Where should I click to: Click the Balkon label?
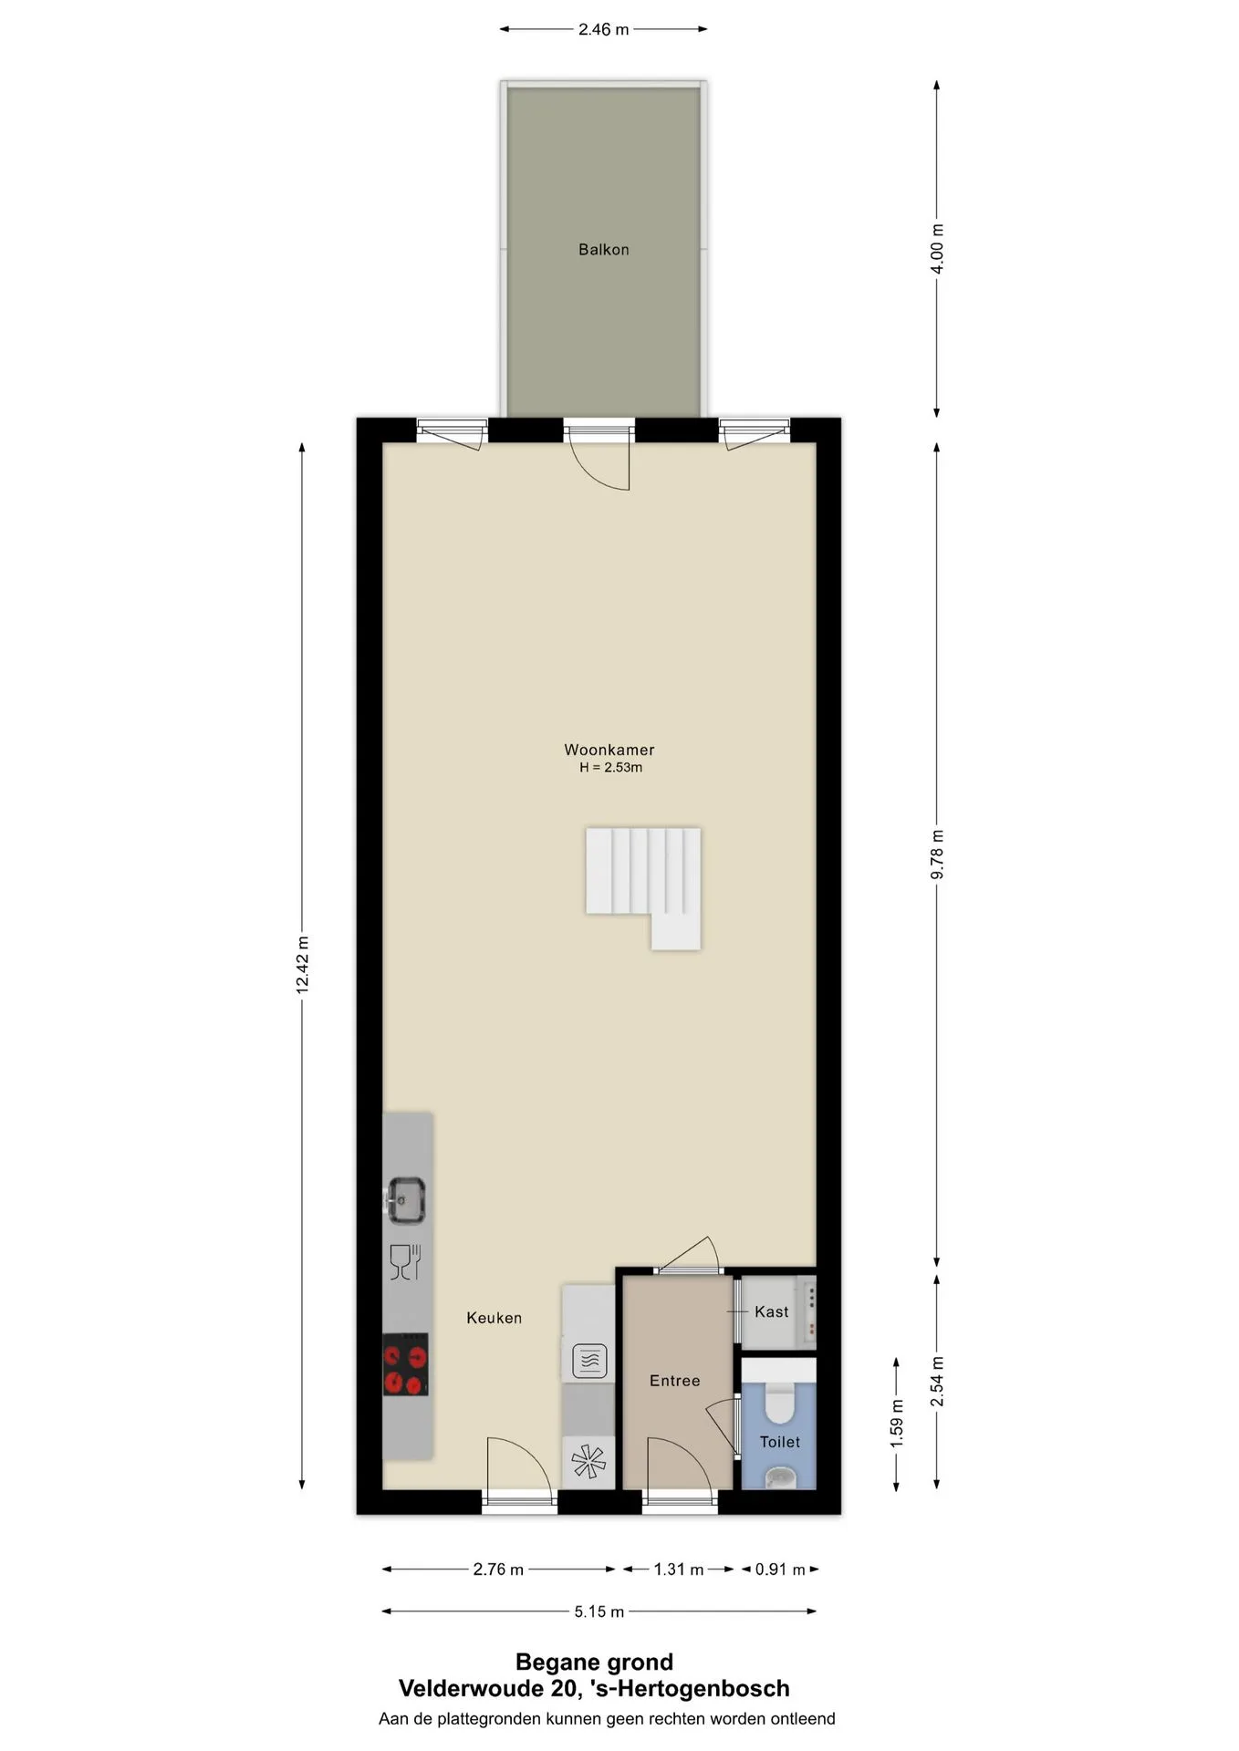(603, 249)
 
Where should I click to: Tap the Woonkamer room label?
(609, 750)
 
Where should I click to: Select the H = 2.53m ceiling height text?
(610, 768)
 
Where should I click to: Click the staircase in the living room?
(643, 887)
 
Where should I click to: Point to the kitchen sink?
(406, 1200)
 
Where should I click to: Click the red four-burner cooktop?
(405, 1364)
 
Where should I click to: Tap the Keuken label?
(494, 1318)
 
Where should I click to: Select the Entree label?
(674, 1381)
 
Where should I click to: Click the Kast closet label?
(771, 1311)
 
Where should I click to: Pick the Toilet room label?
(779, 1442)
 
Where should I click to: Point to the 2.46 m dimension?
(603, 29)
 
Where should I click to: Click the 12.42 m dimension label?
(303, 965)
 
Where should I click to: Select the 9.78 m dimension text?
(937, 855)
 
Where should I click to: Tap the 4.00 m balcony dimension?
(937, 248)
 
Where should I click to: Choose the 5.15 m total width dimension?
(599, 1611)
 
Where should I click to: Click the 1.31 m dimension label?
(678, 1570)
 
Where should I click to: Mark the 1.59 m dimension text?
(897, 1423)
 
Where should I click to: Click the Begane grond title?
(594, 1662)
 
